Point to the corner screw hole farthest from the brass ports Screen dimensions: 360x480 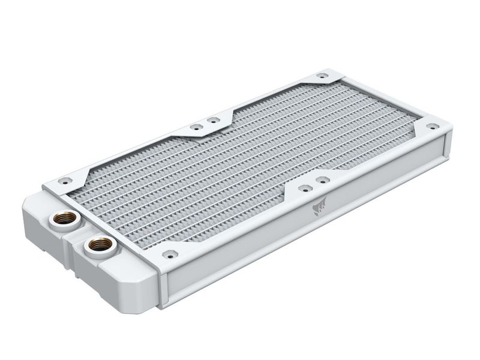(430, 127)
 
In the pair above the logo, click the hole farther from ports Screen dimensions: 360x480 (322, 179)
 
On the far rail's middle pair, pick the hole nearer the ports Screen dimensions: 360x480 (195, 127)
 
